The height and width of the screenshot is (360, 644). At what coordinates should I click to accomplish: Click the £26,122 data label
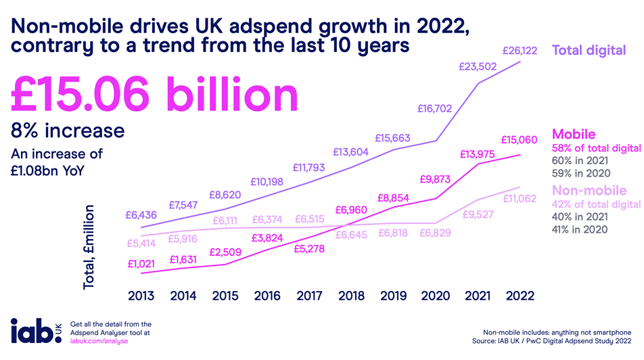point(519,50)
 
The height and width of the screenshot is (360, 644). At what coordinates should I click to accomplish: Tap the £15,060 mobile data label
point(519,140)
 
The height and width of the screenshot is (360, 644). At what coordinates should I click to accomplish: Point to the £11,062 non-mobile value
point(519,198)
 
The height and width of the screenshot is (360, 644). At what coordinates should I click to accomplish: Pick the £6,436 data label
point(141,215)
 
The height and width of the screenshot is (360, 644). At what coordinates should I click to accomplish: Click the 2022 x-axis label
point(520,296)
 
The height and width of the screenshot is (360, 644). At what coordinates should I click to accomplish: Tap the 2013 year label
point(141,296)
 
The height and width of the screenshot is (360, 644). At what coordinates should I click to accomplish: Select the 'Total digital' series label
point(589,50)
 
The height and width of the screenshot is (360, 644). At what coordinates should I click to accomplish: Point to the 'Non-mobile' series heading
point(586,189)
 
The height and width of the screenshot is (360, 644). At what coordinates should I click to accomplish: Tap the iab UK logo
point(35,332)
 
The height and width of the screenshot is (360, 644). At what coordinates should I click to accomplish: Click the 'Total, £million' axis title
point(89,248)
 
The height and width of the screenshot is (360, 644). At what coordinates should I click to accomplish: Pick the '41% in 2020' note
point(580,229)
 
